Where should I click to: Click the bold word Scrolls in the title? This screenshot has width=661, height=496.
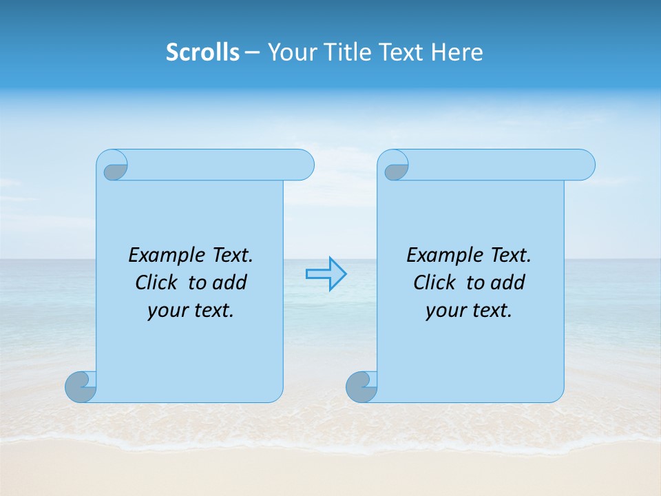click(202, 52)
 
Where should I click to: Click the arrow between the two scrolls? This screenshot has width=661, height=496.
click(326, 274)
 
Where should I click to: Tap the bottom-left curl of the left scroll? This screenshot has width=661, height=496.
click(81, 386)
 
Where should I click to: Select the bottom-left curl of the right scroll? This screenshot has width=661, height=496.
click(361, 386)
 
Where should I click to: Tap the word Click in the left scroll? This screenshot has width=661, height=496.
click(155, 282)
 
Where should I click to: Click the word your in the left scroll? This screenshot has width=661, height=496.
click(167, 311)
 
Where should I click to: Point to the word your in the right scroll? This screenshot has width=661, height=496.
click(445, 311)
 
